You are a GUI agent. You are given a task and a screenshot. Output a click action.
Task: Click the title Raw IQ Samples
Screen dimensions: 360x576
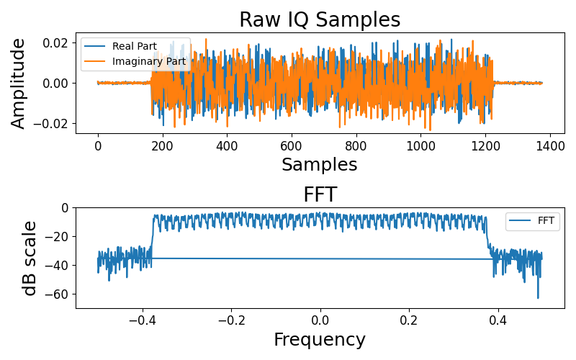tap(319, 19)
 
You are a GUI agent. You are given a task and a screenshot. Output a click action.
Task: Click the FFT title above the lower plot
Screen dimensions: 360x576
tap(319, 195)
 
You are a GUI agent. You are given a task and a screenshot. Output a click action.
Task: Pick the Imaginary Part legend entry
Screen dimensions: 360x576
tap(149, 62)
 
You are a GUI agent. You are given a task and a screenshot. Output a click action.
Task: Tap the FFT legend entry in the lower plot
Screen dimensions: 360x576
tap(546, 221)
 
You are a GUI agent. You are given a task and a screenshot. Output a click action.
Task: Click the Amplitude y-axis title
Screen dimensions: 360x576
tap(18, 83)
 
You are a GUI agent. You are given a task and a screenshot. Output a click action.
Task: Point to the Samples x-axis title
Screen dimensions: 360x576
tap(319, 165)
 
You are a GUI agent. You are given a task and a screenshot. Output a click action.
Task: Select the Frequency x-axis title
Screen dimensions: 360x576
tap(319, 340)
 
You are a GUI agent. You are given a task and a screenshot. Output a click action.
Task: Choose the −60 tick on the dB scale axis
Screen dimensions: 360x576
tap(56, 294)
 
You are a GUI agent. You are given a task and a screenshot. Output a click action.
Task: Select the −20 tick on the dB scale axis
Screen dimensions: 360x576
tap(56, 236)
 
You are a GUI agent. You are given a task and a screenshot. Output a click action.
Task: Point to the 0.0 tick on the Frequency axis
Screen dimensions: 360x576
tap(320, 320)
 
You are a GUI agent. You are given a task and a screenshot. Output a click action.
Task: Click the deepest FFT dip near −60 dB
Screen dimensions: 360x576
tap(537, 297)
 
